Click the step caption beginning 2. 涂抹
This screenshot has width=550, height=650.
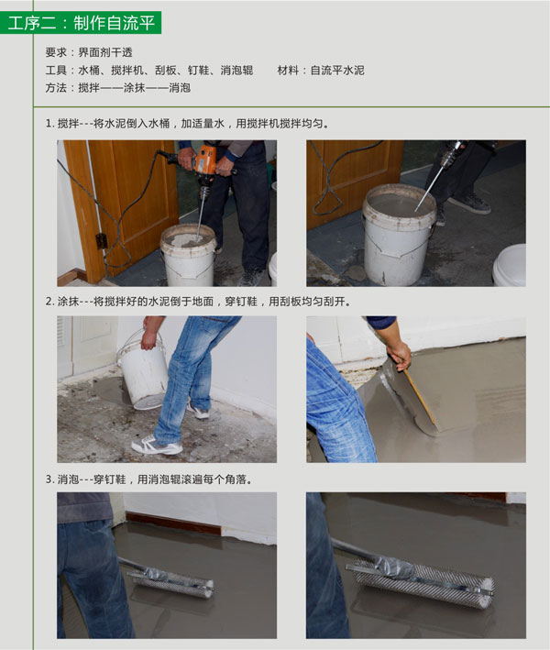point(197,301)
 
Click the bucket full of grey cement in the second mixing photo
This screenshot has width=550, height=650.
point(398,234)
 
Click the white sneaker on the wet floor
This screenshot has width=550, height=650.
point(156,446)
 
